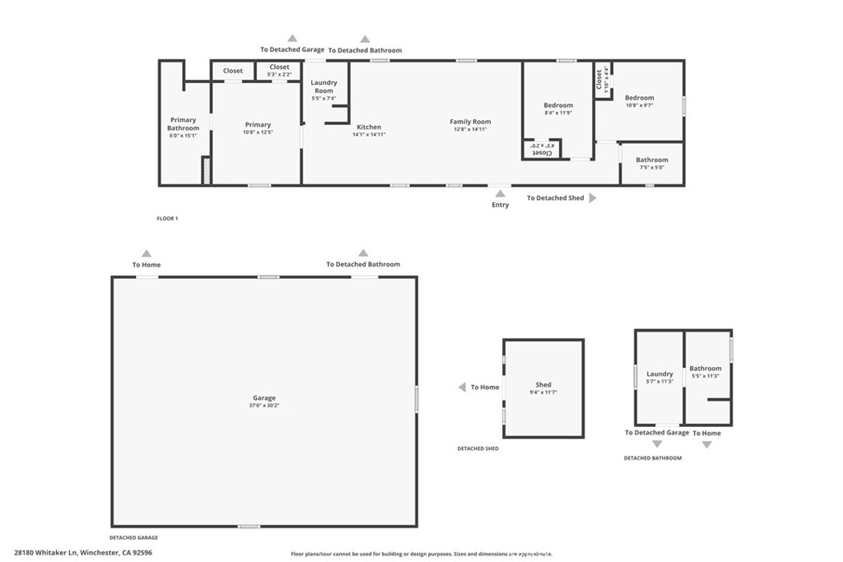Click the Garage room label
click(x=264, y=397)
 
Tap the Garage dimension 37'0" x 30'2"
click(x=264, y=406)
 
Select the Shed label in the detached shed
click(x=543, y=384)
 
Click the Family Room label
click(x=470, y=122)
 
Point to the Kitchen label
click(x=369, y=127)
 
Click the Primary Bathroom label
click(x=183, y=124)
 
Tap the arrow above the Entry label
click(x=500, y=193)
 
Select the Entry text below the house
click(x=500, y=205)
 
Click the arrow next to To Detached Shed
click(x=592, y=198)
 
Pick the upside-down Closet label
click(x=543, y=151)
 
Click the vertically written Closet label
click(x=599, y=79)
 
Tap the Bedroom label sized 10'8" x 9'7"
click(x=639, y=98)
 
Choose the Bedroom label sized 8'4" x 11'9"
click(x=557, y=105)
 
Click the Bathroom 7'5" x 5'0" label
click(x=651, y=160)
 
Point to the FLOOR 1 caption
click(x=167, y=219)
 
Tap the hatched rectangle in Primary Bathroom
click(x=207, y=170)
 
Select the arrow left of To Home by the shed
click(x=463, y=387)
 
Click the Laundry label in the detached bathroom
click(x=659, y=374)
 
